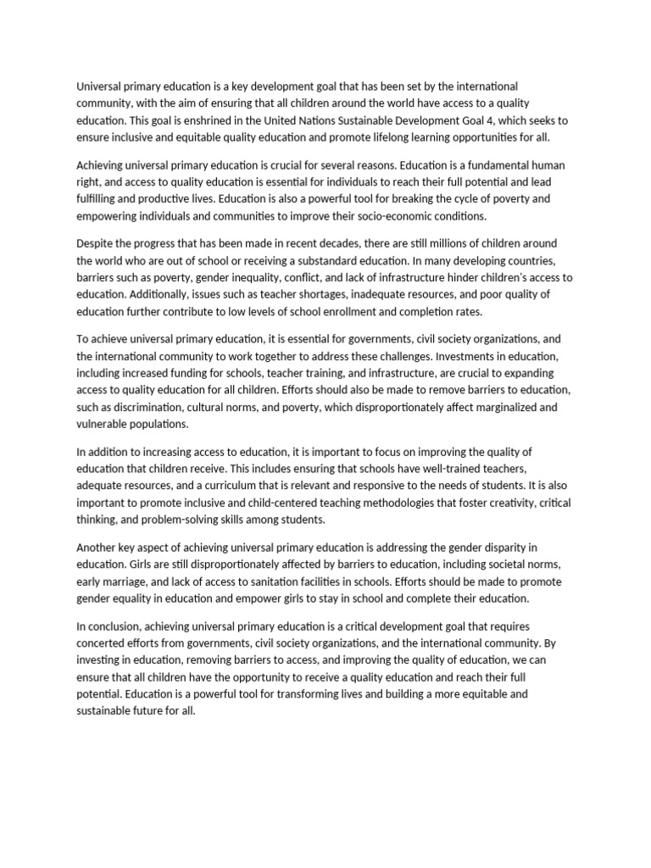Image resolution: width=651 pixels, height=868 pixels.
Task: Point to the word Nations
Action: click(x=361, y=120)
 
